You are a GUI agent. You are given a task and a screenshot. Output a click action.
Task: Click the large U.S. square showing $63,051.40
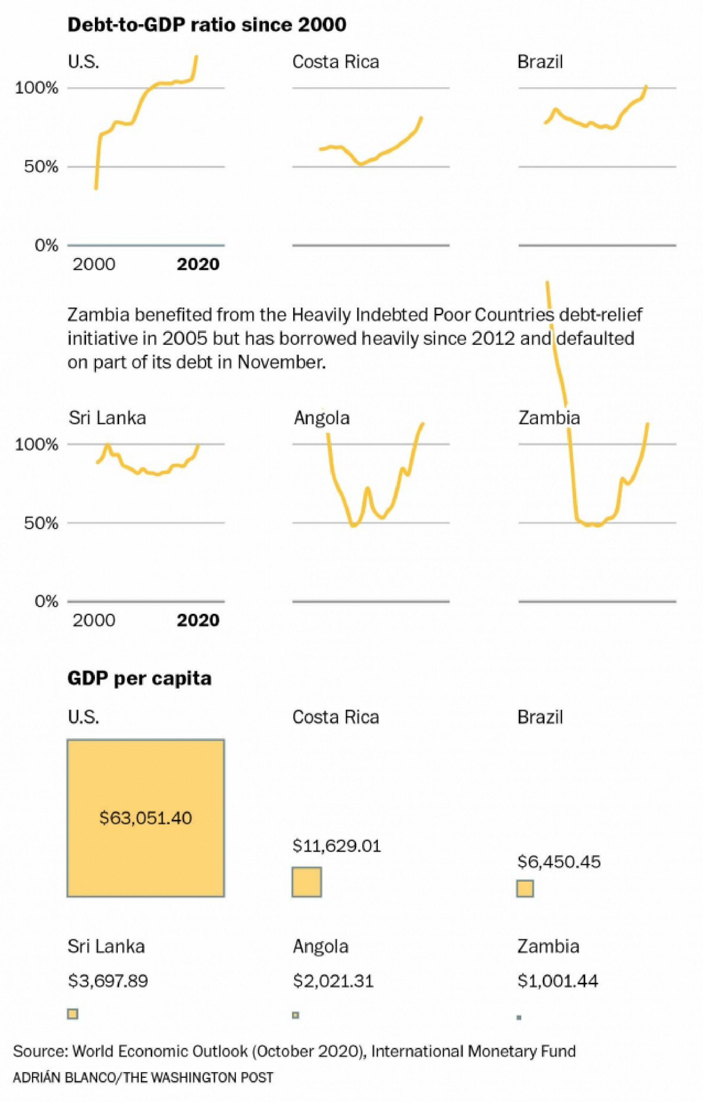146,818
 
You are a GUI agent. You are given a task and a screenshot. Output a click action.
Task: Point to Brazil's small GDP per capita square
525,888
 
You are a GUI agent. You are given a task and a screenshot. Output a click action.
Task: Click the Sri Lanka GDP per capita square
72,1014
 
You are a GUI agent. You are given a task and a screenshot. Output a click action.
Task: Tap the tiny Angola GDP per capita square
296,1015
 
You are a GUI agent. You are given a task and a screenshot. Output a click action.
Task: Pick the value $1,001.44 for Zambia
557,981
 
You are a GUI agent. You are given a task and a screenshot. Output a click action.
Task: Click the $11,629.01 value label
336,846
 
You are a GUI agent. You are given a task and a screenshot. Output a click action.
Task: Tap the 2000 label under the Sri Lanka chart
94,620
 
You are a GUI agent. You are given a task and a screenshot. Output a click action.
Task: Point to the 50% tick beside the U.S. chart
41,167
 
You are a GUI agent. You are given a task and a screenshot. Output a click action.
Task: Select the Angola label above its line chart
321,418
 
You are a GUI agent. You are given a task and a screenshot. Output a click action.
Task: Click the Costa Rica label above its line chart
335,62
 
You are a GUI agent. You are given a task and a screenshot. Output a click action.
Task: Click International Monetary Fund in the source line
473,1051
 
